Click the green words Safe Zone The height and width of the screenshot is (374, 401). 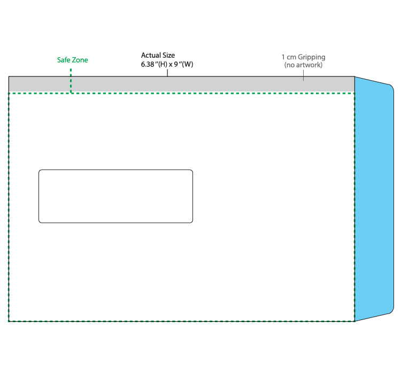coord(73,60)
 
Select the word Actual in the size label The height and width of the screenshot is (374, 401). coord(151,55)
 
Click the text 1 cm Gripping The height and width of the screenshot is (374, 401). coord(303,57)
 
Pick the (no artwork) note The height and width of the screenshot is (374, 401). coord(303,65)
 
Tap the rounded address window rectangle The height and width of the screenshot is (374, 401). coord(115,196)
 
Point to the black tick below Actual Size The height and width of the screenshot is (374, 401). coord(167,73)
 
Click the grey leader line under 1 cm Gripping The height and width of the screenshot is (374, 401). coord(304,75)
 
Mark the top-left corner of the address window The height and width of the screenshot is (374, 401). coord(40,171)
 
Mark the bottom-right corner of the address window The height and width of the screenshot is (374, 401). coord(191,221)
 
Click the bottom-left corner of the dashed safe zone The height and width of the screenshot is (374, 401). coord(9,321)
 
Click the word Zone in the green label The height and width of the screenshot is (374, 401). coord(80,60)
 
